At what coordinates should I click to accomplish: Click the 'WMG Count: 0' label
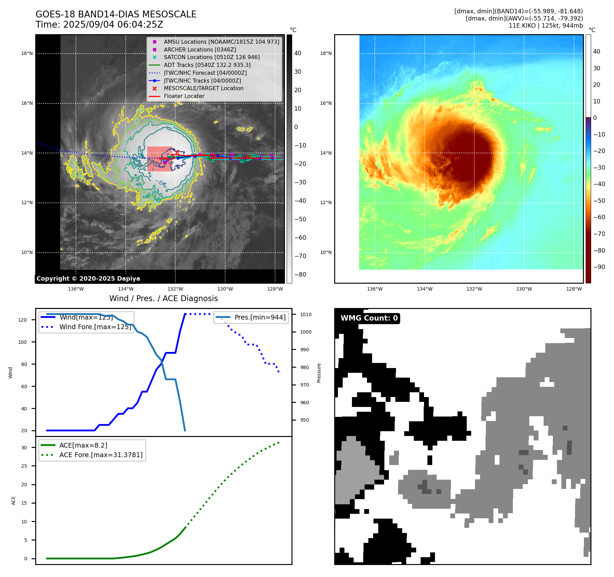pos(369,318)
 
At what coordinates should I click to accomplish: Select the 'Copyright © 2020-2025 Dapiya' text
pos(88,279)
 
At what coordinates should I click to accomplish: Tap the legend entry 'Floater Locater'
pos(184,96)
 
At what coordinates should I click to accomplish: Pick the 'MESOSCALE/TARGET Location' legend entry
pos(203,88)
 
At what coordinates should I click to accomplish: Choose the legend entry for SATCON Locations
pos(212,57)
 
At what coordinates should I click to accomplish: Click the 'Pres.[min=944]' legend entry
pos(260,317)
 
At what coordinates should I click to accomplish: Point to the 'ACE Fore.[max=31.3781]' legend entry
pos(101,455)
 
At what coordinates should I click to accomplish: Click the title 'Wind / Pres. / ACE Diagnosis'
pos(163,298)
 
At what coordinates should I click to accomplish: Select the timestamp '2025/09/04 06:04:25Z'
pos(113,25)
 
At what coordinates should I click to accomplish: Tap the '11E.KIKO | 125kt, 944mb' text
pos(546,26)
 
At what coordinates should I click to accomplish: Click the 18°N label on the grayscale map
pos(27,54)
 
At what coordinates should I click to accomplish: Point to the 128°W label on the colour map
pos(574,289)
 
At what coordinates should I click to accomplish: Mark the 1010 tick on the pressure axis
pos(306,314)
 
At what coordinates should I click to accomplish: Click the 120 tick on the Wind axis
pos(23,320)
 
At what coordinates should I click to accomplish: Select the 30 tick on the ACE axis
pos(24,448)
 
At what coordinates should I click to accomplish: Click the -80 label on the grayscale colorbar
pos(300,275)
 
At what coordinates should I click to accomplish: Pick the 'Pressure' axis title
pos(319,373)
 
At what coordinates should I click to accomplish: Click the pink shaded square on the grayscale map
pos(160,159)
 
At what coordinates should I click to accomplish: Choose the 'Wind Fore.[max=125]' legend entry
pos(95,327)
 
